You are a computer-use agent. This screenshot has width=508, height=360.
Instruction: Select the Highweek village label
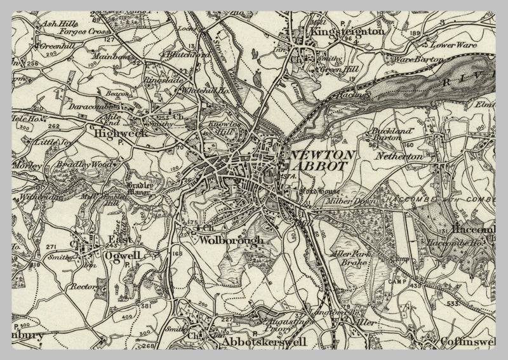(120, 134)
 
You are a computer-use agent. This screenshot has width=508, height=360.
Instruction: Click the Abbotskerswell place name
(263, 342)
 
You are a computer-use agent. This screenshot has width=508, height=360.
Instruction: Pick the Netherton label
(399, 156)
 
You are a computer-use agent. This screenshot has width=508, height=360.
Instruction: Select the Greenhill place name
(57, 46)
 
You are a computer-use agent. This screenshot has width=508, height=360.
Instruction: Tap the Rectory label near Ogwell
(83, 286)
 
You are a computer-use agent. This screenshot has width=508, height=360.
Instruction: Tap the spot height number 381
(146, 306)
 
